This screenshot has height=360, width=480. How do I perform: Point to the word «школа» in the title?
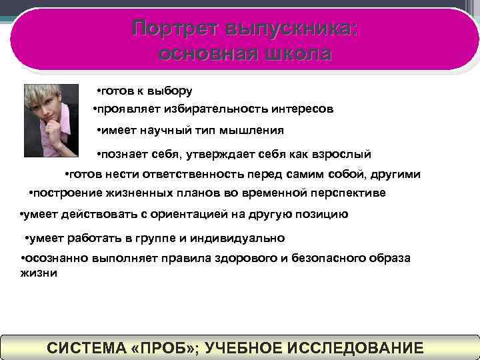pyautogui.click(x=293, y=54)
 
